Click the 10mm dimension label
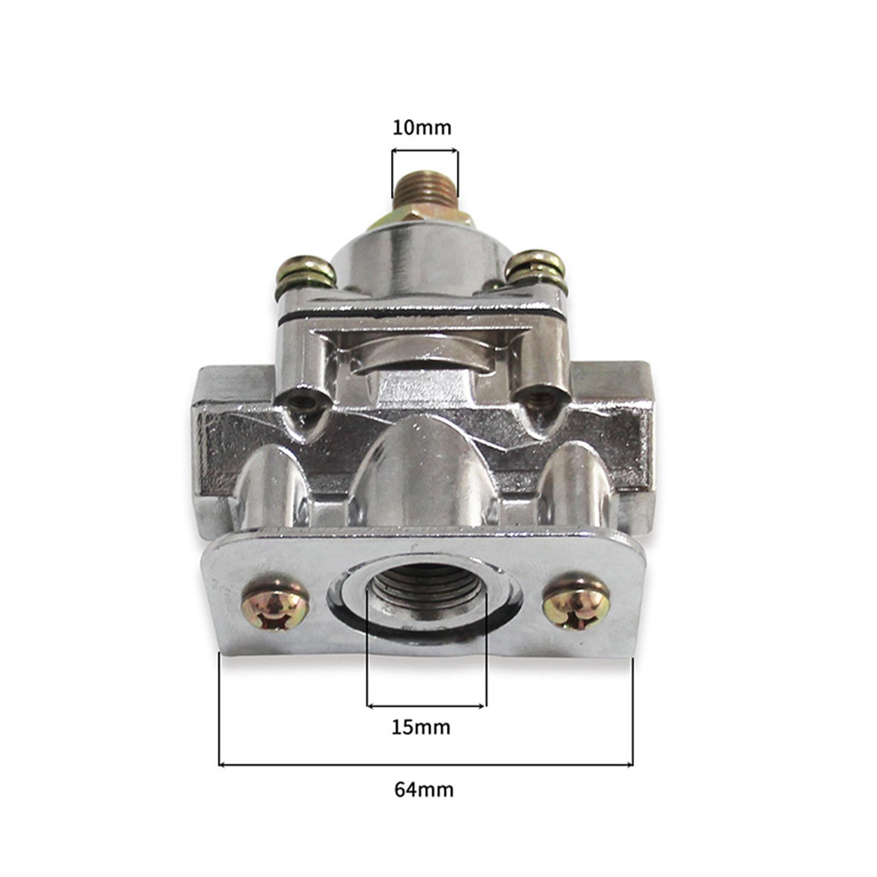(x=422, y=128)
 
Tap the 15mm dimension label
(x=421, y=727)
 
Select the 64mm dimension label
(x=424, y=790)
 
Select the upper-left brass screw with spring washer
(x=305, y=272)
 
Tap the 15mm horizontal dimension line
(x=426, y=705)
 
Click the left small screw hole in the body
(x=303, y=403)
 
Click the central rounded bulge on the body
(x=422, y=471)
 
